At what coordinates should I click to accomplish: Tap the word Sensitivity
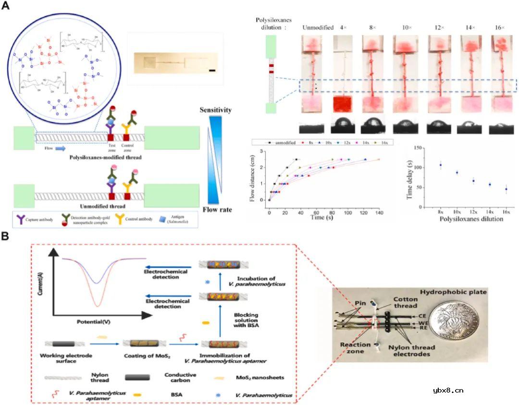(x=215, y=110)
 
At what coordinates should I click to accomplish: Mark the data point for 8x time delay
(x=441, y=165)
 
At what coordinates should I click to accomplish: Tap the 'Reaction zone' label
(x=355, y=348)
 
